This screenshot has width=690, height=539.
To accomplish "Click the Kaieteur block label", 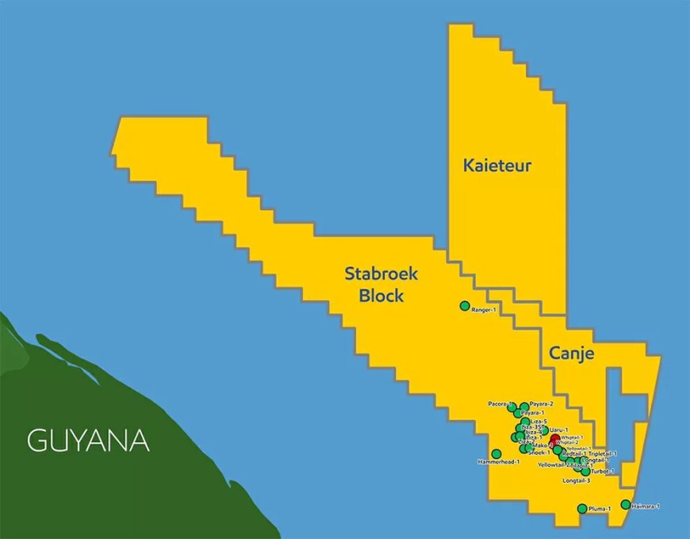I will [x=497, y=166].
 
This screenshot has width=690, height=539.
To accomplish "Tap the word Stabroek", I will [x=381, y=274].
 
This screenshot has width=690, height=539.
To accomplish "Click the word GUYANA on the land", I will [x=88, y=441].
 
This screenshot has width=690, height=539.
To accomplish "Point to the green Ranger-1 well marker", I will [x=465, y=306].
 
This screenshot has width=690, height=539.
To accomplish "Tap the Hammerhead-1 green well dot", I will [x=496, y=454].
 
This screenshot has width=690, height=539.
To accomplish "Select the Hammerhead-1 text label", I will [x=499, y=461].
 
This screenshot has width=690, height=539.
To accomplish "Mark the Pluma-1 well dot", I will [x=582, y=509].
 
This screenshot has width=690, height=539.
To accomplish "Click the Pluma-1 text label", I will [x=600, y=509].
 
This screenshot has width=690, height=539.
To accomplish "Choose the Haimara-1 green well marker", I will [x=626, y=504].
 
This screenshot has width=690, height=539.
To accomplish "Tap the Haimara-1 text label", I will [x=646, y=506].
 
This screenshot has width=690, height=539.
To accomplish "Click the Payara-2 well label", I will [x=542, y=404].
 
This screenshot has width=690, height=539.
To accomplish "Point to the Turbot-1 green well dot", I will [x=585, y=472].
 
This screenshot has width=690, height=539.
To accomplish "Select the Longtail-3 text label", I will [x=577, y=481].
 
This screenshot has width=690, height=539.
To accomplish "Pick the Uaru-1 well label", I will [x=549, y=429].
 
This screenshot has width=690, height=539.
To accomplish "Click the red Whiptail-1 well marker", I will [x=554, y=438].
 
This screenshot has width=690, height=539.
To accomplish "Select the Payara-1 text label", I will [x=533, y=413].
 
